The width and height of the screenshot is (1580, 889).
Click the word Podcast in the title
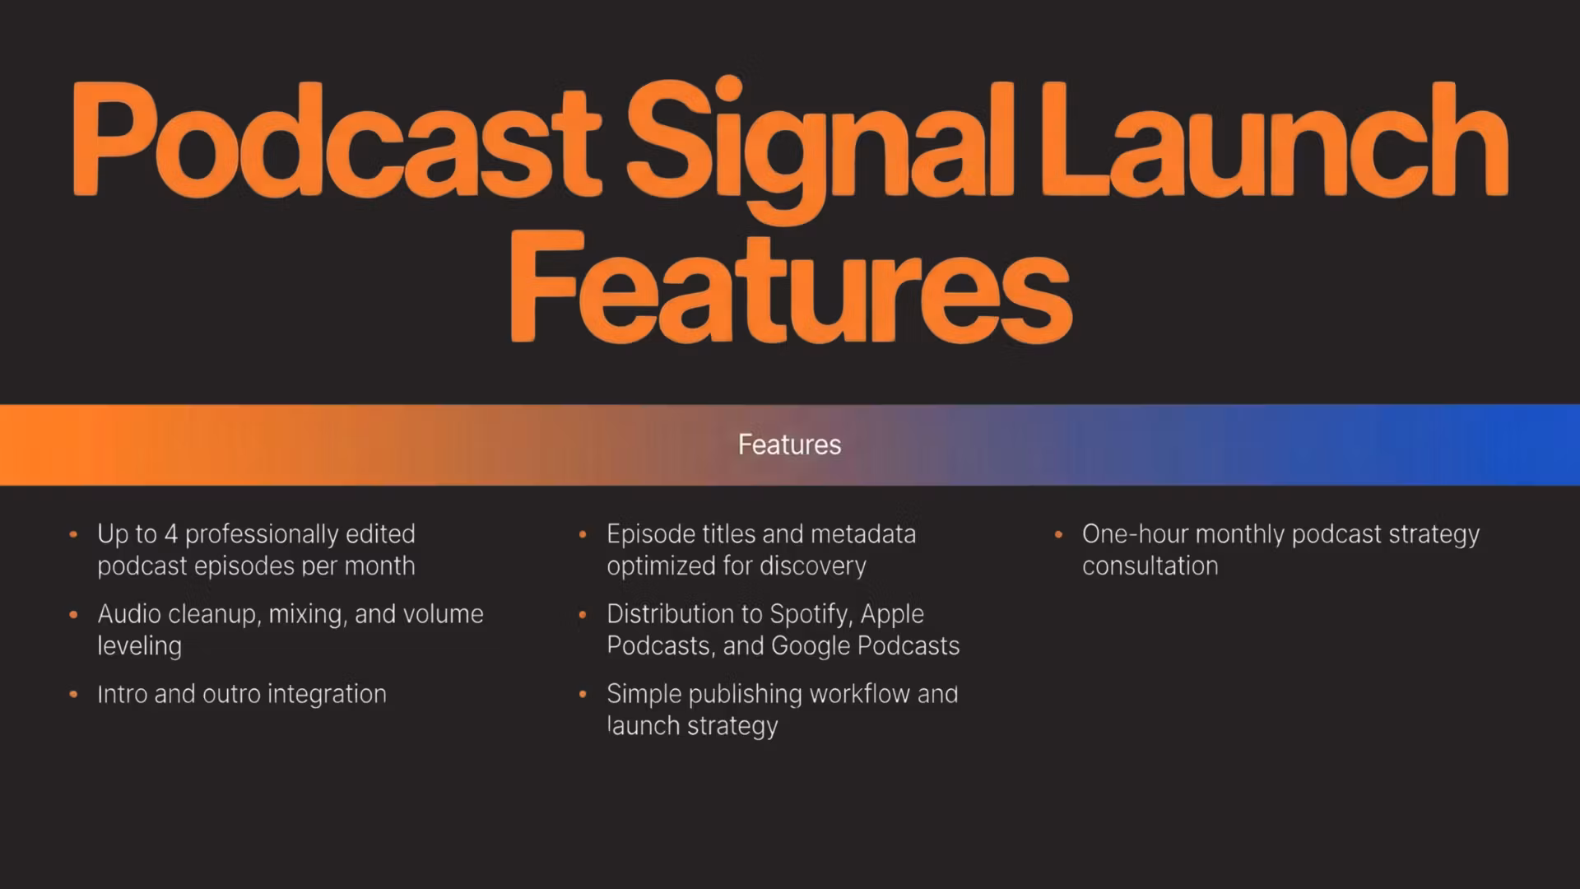[337, 140]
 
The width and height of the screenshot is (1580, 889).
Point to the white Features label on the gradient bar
[790, 444]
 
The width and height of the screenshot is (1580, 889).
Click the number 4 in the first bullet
[171, 534]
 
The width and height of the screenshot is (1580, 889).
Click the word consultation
[1150, 566]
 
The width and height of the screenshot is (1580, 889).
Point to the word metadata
[863, 534]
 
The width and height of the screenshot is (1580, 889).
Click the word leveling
[139, 647]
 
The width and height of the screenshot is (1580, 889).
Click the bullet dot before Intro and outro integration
[73, 695]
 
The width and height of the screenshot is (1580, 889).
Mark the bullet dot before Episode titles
[583, 535]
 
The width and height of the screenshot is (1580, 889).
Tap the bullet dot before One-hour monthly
[1058, 535]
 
